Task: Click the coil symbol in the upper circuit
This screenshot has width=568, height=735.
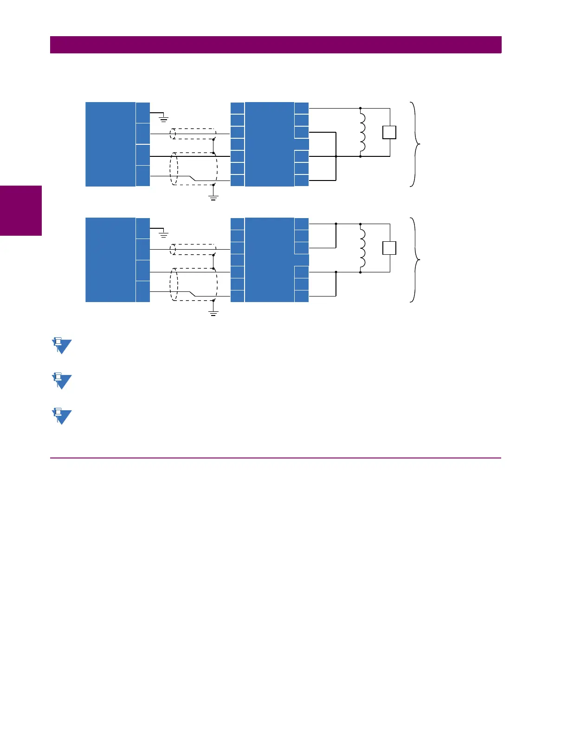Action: [x=362, y=132]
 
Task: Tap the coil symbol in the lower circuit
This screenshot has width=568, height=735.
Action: [x=362, y=248]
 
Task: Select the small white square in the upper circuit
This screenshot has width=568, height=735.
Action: [x=389, y=132]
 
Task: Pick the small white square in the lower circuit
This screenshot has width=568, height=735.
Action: [x=389, y=248]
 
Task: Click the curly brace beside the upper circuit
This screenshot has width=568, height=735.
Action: [x=415, y=144]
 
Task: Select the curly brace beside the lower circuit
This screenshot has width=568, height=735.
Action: [x=415, y=259]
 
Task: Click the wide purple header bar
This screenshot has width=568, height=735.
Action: [x=276, y=45]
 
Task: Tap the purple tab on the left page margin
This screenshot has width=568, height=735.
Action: [x=21, y=211]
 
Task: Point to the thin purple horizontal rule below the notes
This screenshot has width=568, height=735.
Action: [x=276, y=458]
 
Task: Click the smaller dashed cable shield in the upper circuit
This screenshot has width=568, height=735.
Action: [x=193, y=134]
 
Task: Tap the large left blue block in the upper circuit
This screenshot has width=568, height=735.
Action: [x=110, y=144]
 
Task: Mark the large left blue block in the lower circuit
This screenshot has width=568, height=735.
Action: [x=110, y=260]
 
